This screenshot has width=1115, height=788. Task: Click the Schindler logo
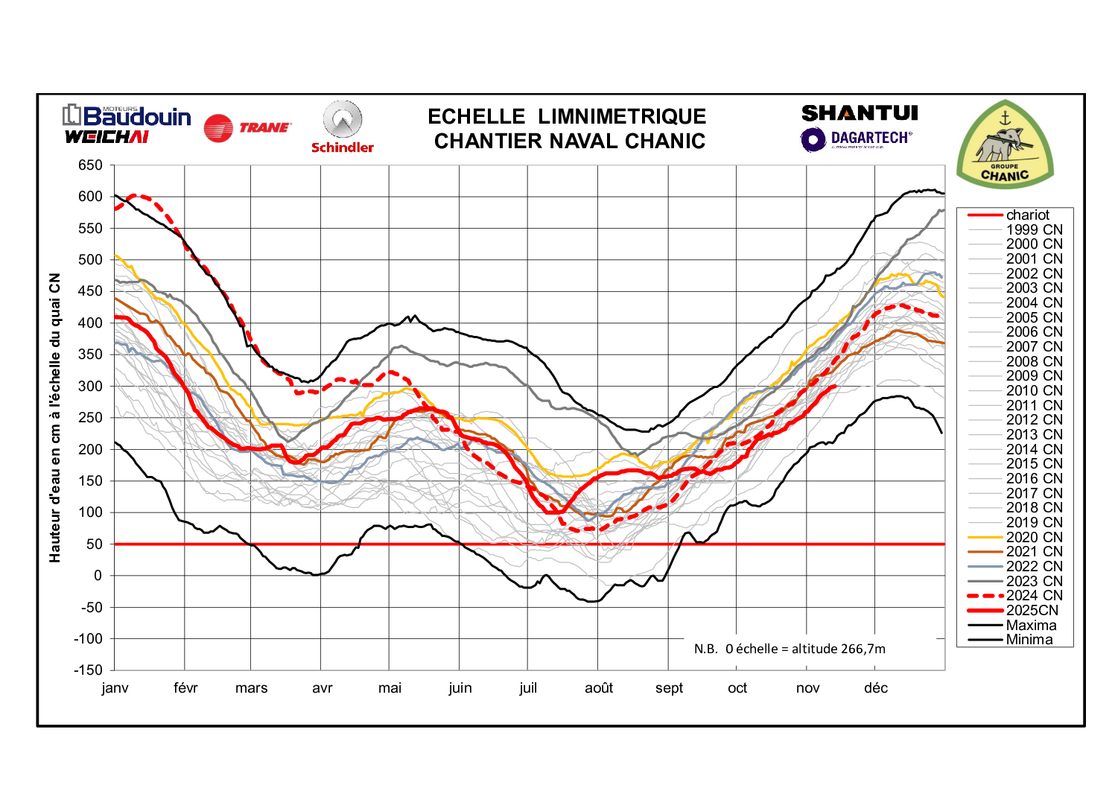343,127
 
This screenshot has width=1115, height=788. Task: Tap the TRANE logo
247,128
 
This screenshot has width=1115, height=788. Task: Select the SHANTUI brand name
860,113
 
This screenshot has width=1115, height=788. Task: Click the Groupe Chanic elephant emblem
1005,144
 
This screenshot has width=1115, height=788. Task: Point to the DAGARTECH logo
857,139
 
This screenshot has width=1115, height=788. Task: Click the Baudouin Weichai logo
127,124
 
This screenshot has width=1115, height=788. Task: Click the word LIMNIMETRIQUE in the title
622,117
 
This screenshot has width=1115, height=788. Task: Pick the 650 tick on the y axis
90,165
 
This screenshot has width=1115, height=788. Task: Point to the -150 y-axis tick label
89,670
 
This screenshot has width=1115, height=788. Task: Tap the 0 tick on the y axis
98,576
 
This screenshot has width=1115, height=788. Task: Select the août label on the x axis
599,688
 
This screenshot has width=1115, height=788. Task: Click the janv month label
115,688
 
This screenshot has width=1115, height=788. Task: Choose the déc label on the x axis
876,688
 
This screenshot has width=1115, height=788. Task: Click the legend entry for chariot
1027,215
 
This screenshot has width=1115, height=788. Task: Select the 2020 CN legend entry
1034,538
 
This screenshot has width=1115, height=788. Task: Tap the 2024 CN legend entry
1034,596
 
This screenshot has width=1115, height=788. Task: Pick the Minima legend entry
1029,640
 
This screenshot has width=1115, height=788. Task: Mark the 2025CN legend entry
1032,611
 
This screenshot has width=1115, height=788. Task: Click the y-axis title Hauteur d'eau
55,418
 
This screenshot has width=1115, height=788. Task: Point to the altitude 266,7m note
790,649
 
